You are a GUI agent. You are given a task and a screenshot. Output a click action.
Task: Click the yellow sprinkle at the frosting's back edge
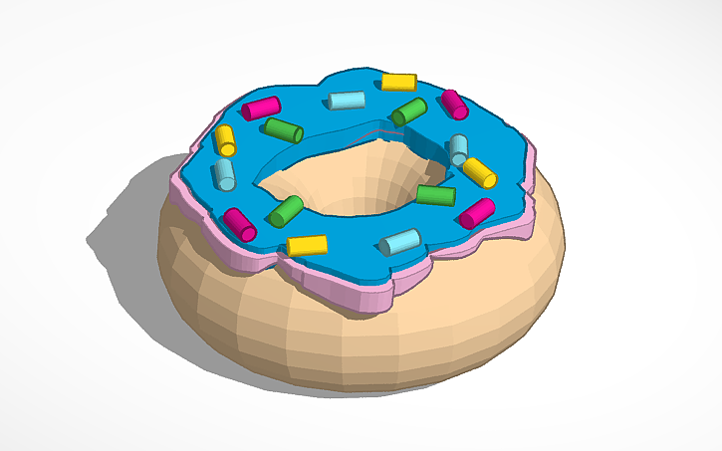398,82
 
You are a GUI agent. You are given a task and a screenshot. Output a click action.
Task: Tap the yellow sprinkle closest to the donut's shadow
225,139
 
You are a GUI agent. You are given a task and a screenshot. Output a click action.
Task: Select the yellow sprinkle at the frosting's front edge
307,245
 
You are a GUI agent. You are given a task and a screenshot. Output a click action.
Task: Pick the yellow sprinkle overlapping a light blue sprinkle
479,172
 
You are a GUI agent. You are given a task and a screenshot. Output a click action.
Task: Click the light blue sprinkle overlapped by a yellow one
458,149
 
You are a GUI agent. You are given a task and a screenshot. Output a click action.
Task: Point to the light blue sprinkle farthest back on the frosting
347,100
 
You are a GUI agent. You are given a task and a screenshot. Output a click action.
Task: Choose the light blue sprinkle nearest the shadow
225,174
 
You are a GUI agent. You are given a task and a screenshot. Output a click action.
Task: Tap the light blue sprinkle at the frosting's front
400,241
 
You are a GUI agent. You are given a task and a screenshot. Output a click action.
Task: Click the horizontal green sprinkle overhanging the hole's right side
435,195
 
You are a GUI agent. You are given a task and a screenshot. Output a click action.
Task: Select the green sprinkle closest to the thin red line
408,112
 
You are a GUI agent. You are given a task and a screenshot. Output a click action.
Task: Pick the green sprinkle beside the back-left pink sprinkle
284,129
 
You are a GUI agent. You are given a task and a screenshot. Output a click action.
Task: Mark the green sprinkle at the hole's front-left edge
286,210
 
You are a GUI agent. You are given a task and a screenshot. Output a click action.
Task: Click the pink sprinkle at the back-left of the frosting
261,106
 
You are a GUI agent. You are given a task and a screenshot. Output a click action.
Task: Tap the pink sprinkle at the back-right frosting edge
455,105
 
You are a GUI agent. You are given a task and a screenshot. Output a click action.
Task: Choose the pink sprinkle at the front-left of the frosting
240,224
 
